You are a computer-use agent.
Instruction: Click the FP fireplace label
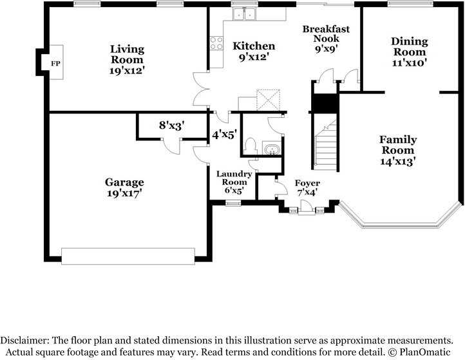(55, 63)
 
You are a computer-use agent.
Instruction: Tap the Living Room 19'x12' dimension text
(127, 71)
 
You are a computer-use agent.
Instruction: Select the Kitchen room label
(254, 46)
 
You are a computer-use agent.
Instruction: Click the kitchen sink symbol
(244, 14)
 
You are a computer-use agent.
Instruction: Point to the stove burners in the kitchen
(216, 43)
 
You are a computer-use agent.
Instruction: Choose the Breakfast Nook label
(326, 33)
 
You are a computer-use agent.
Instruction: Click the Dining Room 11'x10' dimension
(409, 63)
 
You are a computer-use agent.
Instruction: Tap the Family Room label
(398, 145)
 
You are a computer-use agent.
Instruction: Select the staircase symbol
(325, 145)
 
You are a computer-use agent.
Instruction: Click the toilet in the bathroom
(251, 146)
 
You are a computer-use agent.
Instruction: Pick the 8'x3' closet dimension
(172, 125)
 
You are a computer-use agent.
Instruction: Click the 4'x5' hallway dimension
(225, 135)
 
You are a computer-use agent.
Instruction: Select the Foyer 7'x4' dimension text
(307, 193)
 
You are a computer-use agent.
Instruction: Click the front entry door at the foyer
(307, 207)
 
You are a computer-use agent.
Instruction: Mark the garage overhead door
(128, 256)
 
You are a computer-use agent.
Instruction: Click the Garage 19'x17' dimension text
(124, 193)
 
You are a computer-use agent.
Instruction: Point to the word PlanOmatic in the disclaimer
(424, 352)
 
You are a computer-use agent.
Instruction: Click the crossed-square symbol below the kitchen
(268, 100)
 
